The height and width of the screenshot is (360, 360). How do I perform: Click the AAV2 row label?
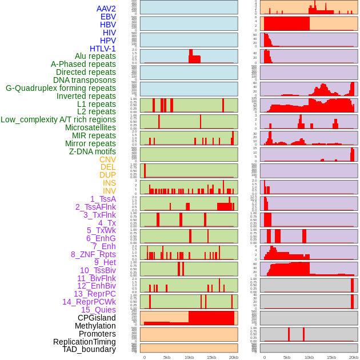tap(106, 9)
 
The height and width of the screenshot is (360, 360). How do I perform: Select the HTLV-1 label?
tap(103, 49)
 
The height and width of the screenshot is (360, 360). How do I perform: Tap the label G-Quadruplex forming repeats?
tap(61, 88)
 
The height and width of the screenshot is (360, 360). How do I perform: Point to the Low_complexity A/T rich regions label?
tap(58, 119)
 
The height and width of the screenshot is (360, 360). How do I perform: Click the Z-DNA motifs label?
tap(93, 151)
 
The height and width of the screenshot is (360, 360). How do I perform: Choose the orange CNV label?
tap(107, 159)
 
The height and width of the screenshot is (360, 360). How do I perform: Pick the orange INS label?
tap(109, 183)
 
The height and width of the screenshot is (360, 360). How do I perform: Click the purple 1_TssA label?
tap(103, 199)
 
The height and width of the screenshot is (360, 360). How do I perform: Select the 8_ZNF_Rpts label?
tap(93, 254)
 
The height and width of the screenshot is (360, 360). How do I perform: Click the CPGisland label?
tap(97, 318)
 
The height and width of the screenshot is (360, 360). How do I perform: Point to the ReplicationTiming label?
tap(85, 342)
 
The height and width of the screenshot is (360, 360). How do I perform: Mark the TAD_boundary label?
tap(89, 349)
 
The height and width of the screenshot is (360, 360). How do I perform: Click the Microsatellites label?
tap(90, 127)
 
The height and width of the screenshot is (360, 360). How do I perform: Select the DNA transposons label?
tap(85, 80)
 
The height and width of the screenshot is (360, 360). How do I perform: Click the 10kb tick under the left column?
tap(189, 357)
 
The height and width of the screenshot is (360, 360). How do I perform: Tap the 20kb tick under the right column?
tap(354, 357)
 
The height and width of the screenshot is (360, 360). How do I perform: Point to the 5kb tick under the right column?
tap(287, 357)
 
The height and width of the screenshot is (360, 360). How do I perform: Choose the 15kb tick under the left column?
tap(211, 357)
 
